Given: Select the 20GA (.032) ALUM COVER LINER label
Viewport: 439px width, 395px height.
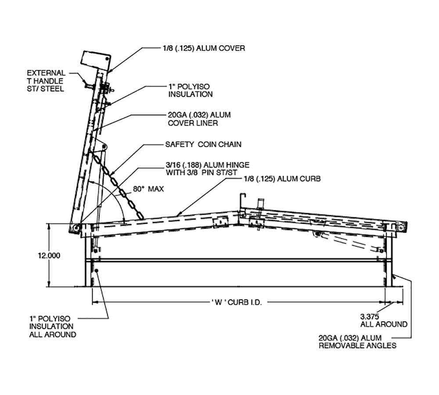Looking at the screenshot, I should (199, 119).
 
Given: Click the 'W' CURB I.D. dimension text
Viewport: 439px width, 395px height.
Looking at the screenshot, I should (236, 302).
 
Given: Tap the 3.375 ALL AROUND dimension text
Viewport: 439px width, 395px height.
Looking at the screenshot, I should (383, 320).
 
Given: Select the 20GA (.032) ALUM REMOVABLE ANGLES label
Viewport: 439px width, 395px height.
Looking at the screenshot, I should (357, 341).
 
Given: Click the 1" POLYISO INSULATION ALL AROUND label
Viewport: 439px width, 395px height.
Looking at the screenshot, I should (52, 326).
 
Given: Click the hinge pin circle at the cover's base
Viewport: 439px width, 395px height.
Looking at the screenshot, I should (76, 228).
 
